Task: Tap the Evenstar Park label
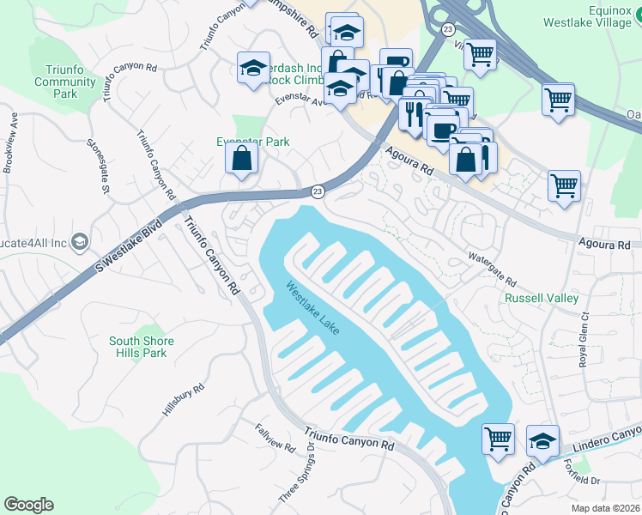tap(252, 142)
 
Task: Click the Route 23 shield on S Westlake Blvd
tap(317, 191)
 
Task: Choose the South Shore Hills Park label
tap(142, 347)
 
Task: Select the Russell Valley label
tap(541, 298)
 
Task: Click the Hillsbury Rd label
tap(184, 400)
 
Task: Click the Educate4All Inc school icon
tap(81, 242)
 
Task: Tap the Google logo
tap(28, 505)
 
